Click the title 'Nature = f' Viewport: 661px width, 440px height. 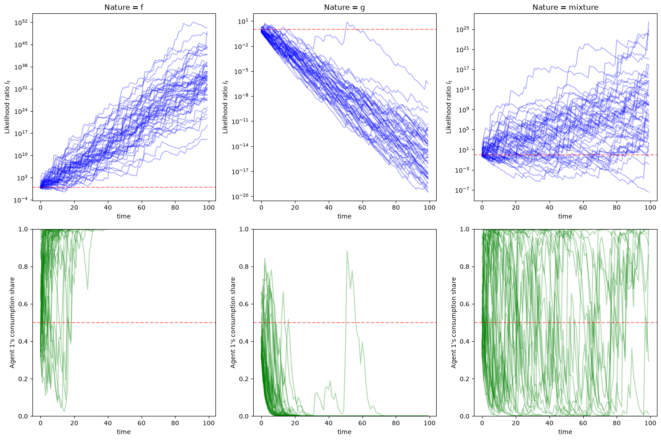tap(123, 7)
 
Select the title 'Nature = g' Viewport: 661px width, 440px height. tap(344, 7)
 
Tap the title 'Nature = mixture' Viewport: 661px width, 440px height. tap(565, 7)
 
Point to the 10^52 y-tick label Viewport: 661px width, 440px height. tap(20, 22)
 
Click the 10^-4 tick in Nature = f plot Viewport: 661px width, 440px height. tap(20, 200)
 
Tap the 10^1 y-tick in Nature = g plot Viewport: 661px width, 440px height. tap(244, 21)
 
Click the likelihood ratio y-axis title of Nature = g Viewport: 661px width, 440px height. tap(225, 107)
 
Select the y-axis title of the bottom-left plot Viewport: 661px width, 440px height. tap(12, 323)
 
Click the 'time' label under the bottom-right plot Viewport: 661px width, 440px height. tap(565, 432)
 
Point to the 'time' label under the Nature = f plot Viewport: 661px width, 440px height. tap(123, 216)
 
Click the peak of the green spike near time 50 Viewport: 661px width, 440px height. tap(347, 251)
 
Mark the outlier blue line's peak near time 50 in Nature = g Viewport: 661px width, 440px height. tap(347, 22)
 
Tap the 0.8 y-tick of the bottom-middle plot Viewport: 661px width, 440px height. tap(244, 266)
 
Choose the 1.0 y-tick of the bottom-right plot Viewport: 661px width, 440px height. tap(465, 229)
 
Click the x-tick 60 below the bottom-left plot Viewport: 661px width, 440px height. tap(141, 423)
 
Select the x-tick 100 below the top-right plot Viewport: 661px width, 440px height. tap(650, 207)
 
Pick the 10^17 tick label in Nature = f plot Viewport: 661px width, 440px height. tap(20, 133)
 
